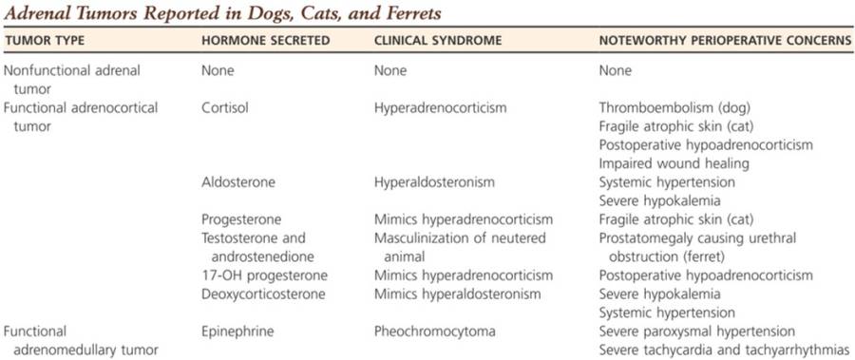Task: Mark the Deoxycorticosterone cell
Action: (x=263, y=294)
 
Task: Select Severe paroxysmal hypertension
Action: (x=697, y=332)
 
